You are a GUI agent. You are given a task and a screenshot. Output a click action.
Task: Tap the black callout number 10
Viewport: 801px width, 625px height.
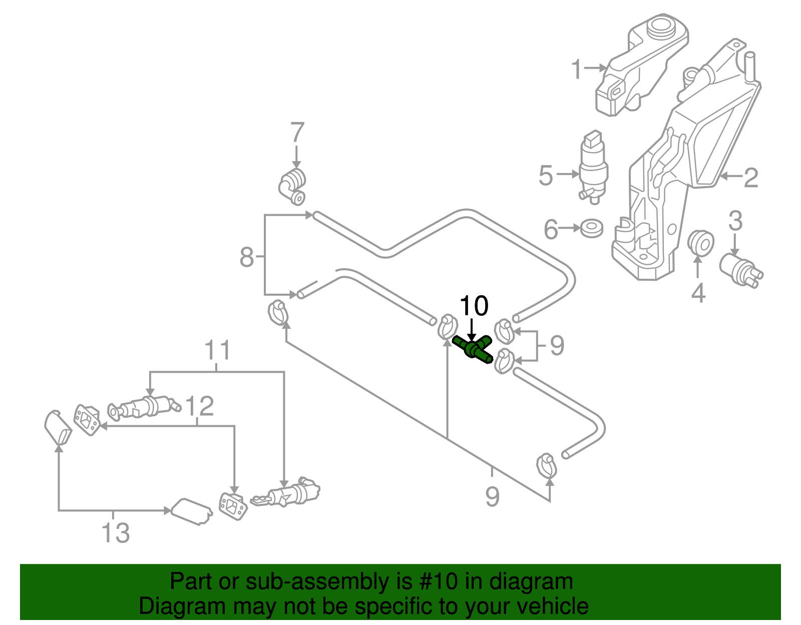[473, 306]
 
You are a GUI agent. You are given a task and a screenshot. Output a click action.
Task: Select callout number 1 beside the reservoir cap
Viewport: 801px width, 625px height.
[577, 69]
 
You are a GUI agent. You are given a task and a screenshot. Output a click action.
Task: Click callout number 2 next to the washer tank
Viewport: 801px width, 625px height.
[750, 178]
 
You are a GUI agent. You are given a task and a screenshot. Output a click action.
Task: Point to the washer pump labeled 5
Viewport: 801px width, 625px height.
[593, 165]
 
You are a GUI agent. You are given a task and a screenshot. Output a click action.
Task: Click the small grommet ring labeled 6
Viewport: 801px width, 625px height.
[592, 228]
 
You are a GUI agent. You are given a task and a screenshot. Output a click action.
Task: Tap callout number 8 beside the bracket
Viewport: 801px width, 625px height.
[247, 257]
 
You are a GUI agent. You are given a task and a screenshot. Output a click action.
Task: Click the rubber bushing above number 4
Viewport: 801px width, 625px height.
[699, 242]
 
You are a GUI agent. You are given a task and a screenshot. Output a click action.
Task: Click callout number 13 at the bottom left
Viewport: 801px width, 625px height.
[116, 532]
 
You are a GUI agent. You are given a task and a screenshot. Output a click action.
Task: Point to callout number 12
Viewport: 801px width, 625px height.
[199, 406]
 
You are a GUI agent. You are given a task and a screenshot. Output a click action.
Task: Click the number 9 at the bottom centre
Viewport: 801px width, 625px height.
[492, 496]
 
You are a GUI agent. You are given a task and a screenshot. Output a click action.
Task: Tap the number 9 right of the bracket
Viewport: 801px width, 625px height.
[557, 345]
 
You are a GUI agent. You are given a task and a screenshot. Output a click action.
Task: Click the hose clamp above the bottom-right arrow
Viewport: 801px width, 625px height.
[546, 465]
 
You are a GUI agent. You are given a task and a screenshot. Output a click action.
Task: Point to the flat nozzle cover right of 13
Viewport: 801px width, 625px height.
[192, 511]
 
